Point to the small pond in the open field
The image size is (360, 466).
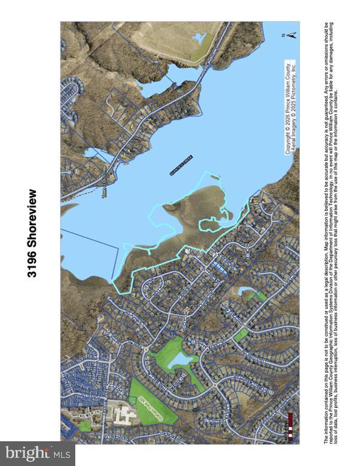point(199,39)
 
